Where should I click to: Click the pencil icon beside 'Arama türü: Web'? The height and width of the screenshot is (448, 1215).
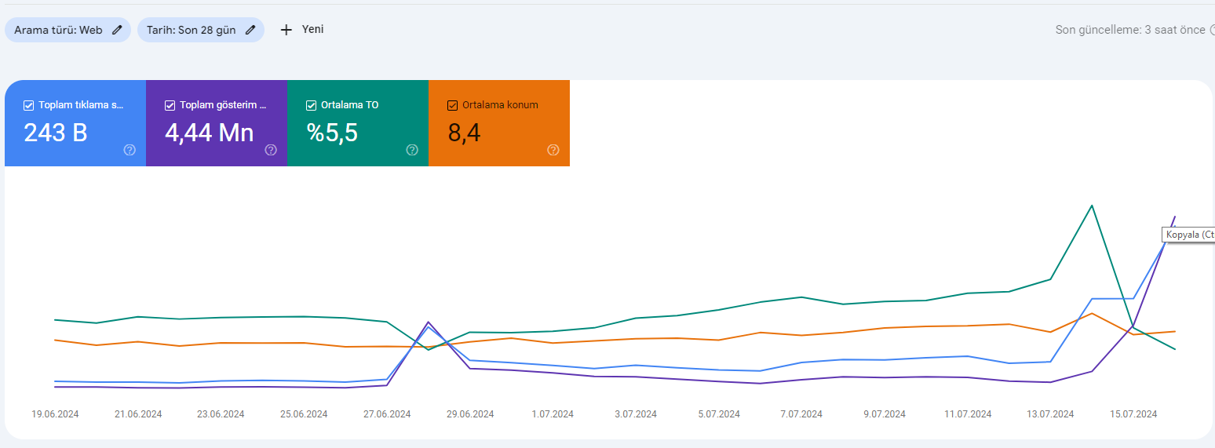[x=117, y=30]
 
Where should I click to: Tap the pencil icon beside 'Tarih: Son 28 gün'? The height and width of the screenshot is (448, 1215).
[x=250, y=30]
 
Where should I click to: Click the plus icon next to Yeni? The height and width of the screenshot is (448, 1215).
[x=286, y=30]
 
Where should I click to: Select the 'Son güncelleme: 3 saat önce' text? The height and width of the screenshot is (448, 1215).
[x=1130, y=30]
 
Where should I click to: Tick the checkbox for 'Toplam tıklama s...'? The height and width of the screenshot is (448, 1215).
[x=29, y=105]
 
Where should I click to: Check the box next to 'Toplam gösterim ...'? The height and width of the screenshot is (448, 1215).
[x=170, y=105]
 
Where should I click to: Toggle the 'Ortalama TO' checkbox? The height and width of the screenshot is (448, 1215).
[x=311, y=105]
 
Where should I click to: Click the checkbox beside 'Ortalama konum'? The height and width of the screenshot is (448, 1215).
[x=452, y=105]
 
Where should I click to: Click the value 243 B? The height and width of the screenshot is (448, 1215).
[x=55, y=133]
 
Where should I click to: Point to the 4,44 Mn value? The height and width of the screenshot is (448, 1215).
[x=210, y=133]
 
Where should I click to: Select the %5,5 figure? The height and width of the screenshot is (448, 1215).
[x=332, y=133]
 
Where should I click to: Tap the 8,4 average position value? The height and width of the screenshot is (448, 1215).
[x=464, y=133]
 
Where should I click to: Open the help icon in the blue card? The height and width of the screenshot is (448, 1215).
[x=130, y=150]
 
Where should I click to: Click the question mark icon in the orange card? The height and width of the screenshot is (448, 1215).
[x=553, y=150]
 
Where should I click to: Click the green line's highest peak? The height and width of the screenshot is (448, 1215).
[x=1092, y=206]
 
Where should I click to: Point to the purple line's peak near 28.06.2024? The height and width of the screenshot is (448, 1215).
[x=429, y=322]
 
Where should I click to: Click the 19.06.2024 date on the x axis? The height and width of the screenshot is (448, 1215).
[x=55, y=414]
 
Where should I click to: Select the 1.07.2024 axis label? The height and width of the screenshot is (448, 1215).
[x=553, y=414]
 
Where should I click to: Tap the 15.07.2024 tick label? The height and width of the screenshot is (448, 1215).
[x=1133, y=414]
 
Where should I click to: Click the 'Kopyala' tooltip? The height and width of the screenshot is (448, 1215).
[x=1188, y=235]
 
